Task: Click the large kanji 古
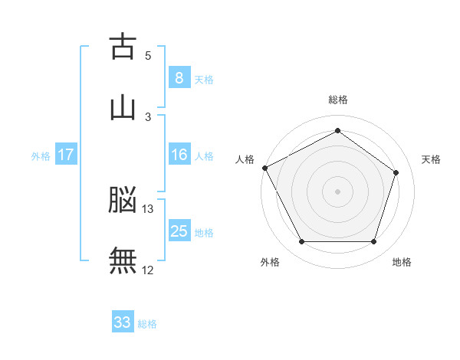[123, 46]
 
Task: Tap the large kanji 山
[123, 109]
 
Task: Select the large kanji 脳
[123, 199]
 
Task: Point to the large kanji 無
[123, 260]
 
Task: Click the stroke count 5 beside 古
[148, 56]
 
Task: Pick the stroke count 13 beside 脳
[147, 209]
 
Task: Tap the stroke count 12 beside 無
[147, 270]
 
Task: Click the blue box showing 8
[179, 77]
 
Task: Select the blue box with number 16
[179, 154]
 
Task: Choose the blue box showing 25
[179, 230]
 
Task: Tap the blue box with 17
[66, 154]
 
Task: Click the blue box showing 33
[123, 321]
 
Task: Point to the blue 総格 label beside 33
[147, 324]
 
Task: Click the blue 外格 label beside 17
[41, 156]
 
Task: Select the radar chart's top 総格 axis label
[338, 100]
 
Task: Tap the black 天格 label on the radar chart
[431, 159]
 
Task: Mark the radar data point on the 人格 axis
[265, 168]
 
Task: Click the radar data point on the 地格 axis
[374, 241]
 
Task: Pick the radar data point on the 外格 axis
[302, 241]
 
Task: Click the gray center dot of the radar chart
[337, 191]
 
